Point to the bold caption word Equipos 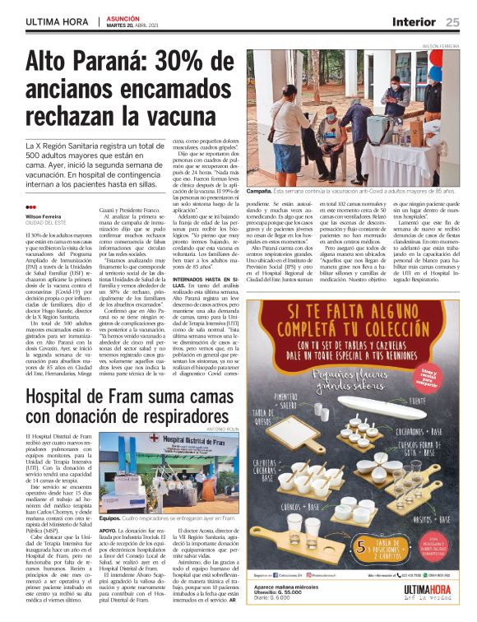[x=109, y=519]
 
